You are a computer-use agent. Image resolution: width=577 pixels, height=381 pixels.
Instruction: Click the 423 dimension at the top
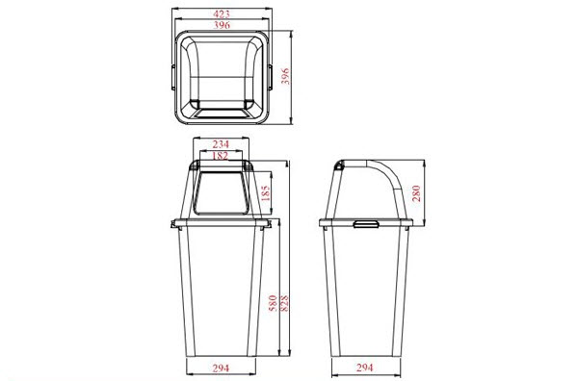(x=222, y=13)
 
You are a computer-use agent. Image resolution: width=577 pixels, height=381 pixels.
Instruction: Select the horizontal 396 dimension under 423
(x=222, y=26)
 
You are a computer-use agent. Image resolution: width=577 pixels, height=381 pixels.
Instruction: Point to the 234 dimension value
(x=221, y=143)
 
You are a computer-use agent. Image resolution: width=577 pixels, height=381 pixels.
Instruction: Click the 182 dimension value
(x=221, y=155)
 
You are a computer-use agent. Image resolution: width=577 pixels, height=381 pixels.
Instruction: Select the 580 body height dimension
(x=274, y=303)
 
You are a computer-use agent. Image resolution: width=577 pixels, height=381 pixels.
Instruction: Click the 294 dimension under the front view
(x=221, y=368)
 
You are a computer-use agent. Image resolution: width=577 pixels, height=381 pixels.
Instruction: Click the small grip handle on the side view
(x=366, y=225)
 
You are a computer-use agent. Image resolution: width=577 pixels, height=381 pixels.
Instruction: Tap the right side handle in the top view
(x=271, y=75)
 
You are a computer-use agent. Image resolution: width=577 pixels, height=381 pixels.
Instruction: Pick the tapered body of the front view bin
(x=221, y=289)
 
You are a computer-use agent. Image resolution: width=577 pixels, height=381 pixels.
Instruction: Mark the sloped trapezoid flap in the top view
(x=222, y=112)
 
